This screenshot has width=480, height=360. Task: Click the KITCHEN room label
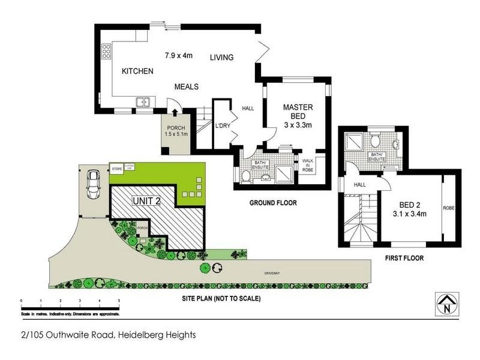137,71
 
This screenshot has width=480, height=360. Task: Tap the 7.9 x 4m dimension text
179,56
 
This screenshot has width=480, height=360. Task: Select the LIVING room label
221,58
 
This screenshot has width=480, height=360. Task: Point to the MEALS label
186,87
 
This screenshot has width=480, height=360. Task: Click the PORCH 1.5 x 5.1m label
176,131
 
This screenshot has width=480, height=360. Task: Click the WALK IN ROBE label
308,164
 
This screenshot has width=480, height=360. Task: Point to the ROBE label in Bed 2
449,208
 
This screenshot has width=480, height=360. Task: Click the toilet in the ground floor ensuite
245,176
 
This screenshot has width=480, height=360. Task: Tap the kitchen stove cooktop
107,52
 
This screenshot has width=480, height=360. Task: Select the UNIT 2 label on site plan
145,202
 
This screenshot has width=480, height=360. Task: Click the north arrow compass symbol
447,303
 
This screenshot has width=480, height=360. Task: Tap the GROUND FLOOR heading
273,203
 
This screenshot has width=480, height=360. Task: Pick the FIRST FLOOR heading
403,259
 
